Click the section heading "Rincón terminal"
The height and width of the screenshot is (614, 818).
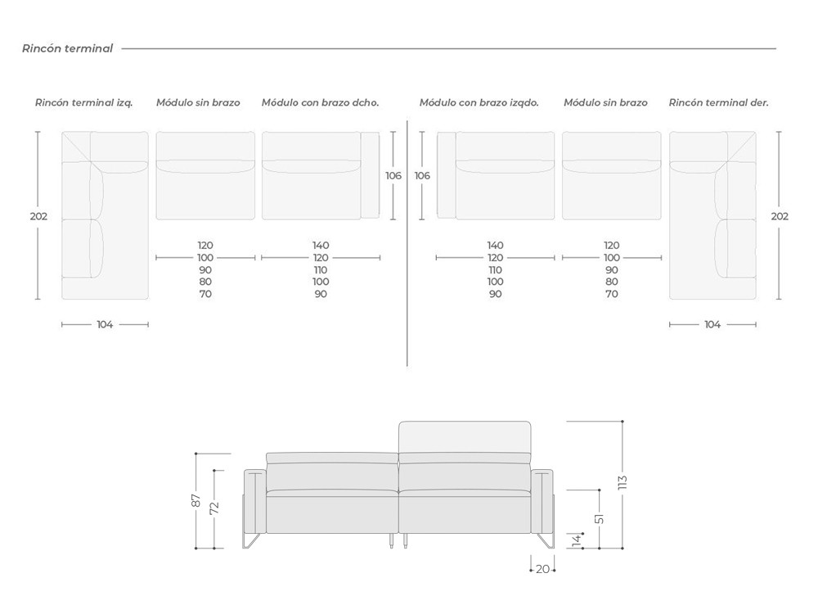(x=67, y=48)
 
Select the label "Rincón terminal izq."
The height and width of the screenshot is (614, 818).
(x=84, y=103)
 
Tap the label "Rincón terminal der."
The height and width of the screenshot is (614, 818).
(x=719, y=103)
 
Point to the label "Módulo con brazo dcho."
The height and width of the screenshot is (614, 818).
(x=321, y=103)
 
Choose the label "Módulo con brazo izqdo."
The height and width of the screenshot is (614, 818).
(x=479, y=103)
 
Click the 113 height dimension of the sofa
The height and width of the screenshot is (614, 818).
(x=622, y=482)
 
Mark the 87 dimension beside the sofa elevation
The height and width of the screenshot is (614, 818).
(x=196, y=500)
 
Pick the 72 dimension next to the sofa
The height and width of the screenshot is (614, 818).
(x=213, y=508)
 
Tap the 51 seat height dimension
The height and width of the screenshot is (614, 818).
(x=600, y=518)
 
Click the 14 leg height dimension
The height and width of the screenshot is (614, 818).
(x=577, y=540)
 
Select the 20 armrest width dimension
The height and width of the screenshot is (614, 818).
(x=542, y=570)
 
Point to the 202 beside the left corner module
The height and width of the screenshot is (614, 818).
(x=38, y=216)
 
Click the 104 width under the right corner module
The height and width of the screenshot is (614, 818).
(x=712, y=324)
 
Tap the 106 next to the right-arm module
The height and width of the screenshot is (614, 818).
(x=393, y=175)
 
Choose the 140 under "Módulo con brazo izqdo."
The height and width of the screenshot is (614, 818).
(x=495, y=245)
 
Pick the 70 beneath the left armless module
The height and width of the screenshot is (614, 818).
(x=205, y=294)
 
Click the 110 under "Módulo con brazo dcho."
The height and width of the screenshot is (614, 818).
(x=321, y=270)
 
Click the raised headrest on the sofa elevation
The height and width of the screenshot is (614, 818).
(x=465, y=437)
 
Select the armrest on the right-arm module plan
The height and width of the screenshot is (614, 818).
(x=370, y=175)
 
